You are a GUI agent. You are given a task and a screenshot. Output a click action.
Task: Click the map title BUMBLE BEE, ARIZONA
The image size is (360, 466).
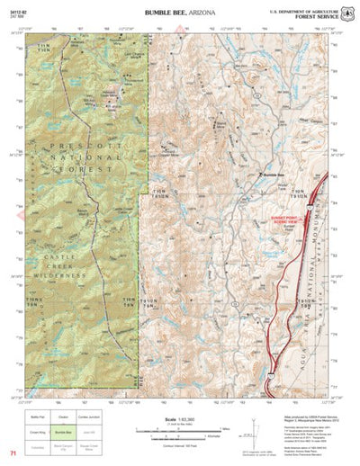click(x=180, y=13)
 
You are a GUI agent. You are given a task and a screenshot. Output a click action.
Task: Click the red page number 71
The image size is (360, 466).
click(x=13, y=454)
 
